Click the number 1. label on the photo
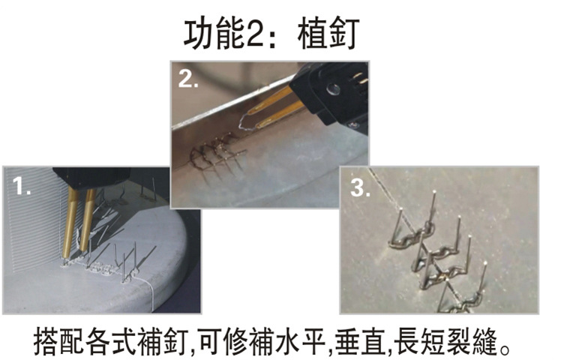pos(21,186)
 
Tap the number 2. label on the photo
pos(188,79)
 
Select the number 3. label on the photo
pos(360,187)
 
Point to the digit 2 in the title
pos(255,34)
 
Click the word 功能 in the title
pos(214,34)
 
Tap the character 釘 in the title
pos(343,34)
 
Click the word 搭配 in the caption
pos(59,342)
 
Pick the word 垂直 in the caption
pos(361,342)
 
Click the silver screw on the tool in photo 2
pos(334,88)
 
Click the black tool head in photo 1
pos(91,178)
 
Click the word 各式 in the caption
pos(111,342)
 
